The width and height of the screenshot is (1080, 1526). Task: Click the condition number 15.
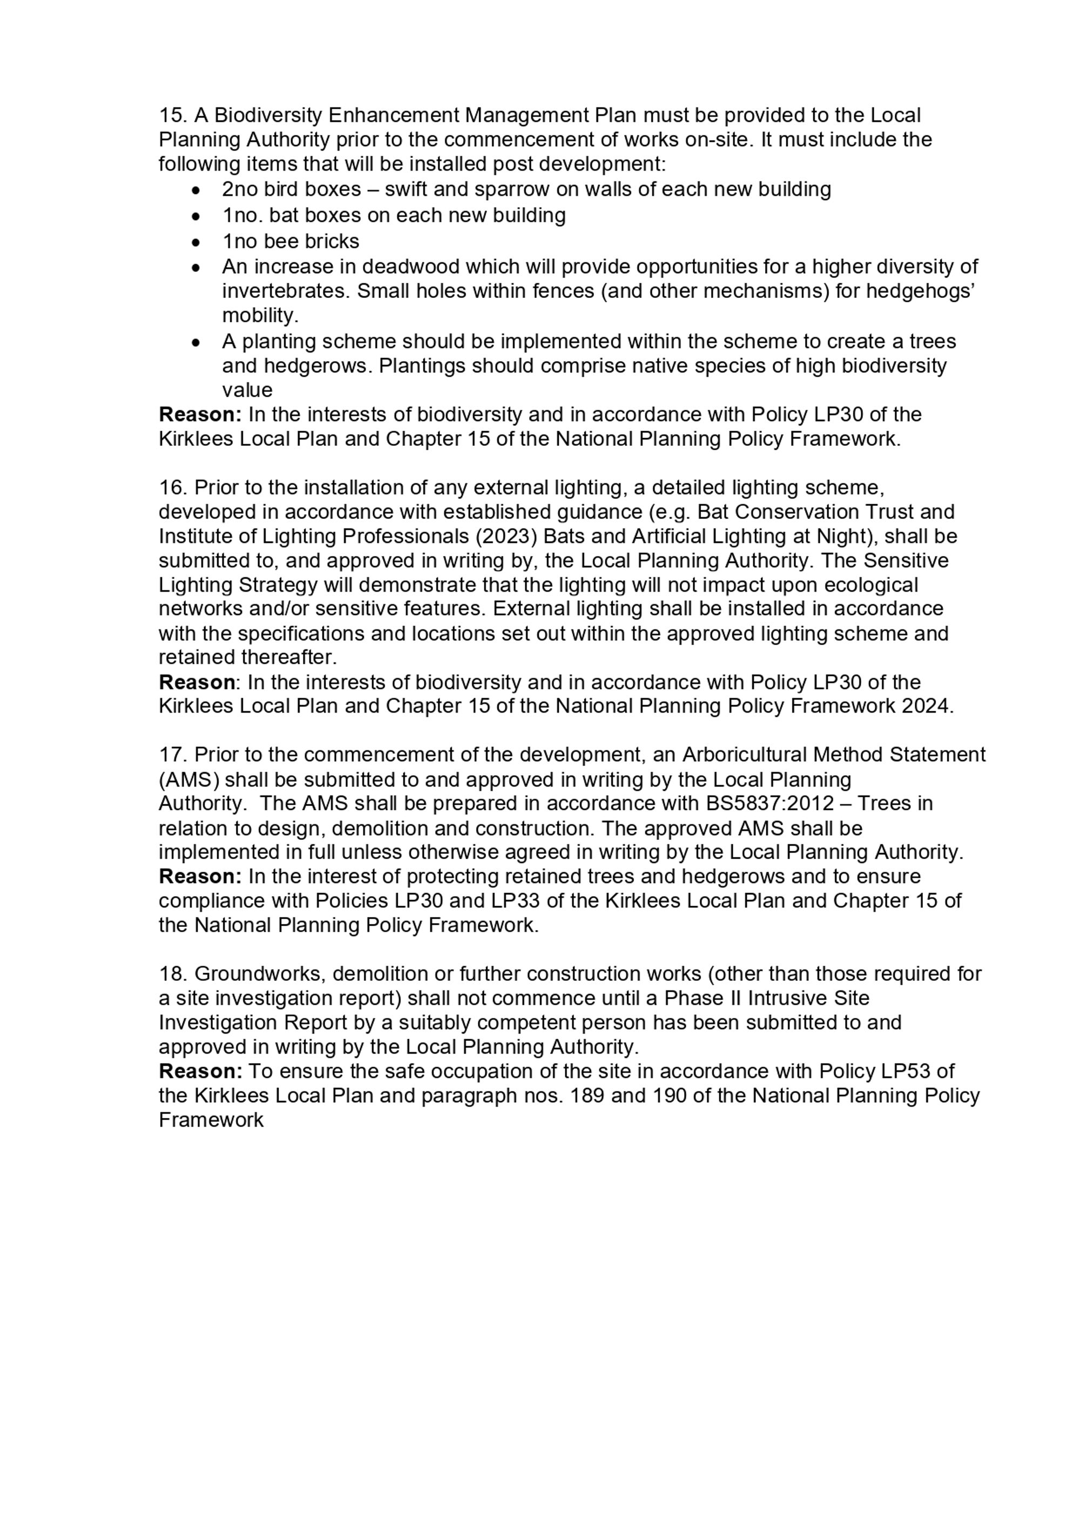click(173, 116)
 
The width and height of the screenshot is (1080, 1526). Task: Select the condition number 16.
click(173, 488)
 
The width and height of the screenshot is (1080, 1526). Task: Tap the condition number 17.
click(173, 755)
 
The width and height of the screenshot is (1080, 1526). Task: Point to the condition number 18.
click(173, 974)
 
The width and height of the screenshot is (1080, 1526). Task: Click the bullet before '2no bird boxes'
click(195, 191)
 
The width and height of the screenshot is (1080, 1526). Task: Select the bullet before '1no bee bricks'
click(195, 242)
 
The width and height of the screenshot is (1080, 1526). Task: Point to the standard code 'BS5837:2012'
click(769, 804)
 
